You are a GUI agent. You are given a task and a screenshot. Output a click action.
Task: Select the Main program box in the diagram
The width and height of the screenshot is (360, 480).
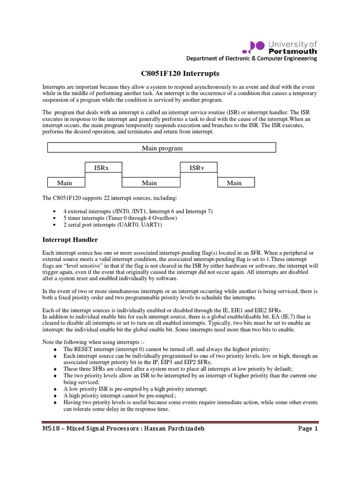point(162,148)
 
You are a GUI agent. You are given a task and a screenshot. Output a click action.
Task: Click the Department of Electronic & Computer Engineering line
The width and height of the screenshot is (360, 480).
point(252,59)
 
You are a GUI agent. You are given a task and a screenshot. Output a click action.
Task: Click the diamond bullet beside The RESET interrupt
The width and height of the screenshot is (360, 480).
point(56,350)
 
